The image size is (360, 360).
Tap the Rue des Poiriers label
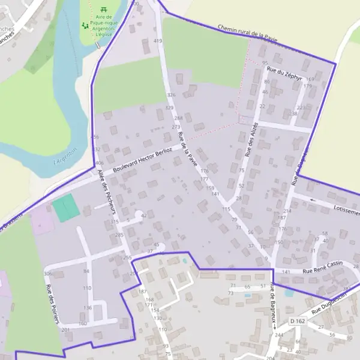pyautogui.click(x=52, y=303)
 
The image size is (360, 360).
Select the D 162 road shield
pyautogui.click(x=297, y=322)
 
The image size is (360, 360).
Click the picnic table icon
pyautogui.click(x=104, y=9)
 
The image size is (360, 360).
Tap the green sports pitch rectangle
pyautogui.click(x=65, y=208)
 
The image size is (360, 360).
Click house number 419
pyautogui.click(x=158, y=41)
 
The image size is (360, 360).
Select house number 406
pyautogui.click(x=100, y=163)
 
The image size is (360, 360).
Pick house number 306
pyautogui.click(x=47, y=274)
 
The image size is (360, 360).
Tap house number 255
pyautogui.click(x=127, y=257)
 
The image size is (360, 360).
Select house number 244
pyautogui.click(x=278, y=335)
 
